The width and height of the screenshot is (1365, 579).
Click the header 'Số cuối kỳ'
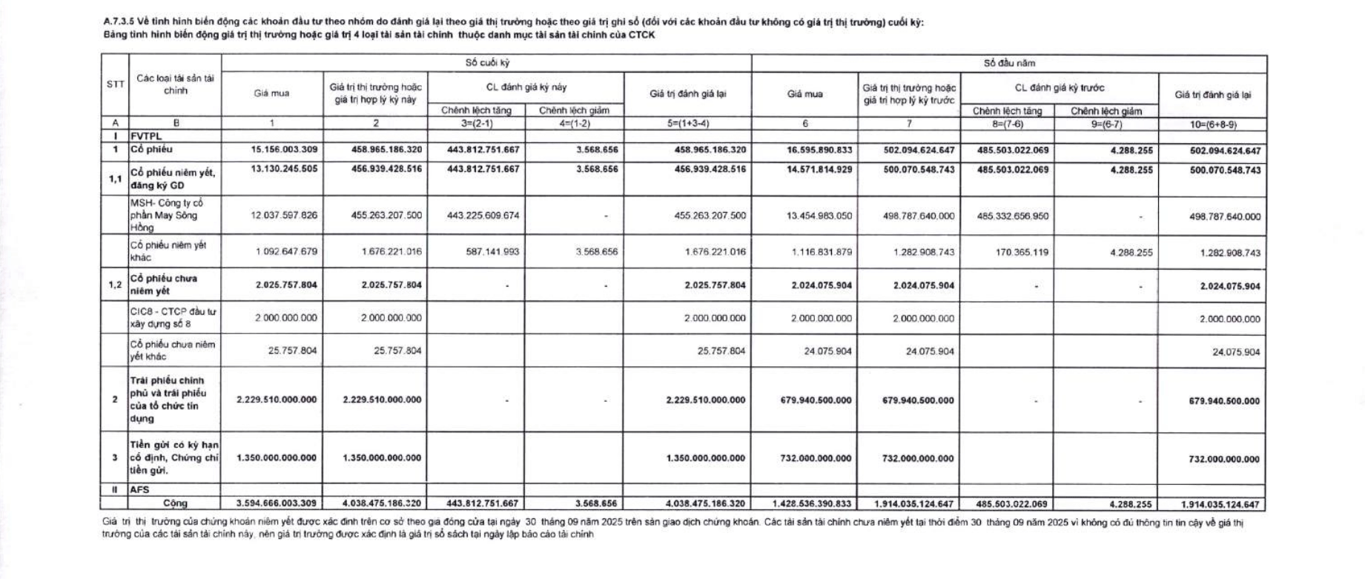coord(486,63)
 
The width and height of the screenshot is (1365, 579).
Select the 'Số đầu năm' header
coord(1008,64)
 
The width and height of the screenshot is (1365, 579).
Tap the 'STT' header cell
coord(115,85)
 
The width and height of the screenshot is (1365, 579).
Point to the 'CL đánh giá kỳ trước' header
coord(1059,87)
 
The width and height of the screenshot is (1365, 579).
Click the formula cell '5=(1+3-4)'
coord(687,124)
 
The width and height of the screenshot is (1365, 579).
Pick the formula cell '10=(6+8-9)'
coord(1212,125)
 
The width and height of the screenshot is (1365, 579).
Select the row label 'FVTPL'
coord(146,136)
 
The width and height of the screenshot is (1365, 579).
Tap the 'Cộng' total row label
coord(175,503)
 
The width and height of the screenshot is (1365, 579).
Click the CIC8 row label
coord(173,318)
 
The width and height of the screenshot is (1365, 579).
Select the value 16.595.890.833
coord(819,150)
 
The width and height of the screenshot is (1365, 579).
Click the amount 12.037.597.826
coord(284,216)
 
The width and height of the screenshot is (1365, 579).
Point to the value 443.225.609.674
coord(483,216)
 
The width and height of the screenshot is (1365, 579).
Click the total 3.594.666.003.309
coord(276,503)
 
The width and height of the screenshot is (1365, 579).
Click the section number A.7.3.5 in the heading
coord(118,22)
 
